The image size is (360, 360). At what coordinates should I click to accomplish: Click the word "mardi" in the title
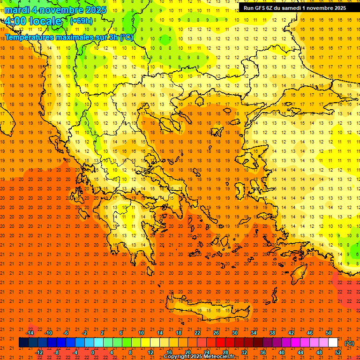click(x=17, y=10)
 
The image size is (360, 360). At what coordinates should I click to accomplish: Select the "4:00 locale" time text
click(x=33, y=21)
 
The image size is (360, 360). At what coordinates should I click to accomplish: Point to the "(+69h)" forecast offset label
click(x=81, y=21)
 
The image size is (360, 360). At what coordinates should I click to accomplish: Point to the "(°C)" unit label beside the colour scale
click(x=349, y=343)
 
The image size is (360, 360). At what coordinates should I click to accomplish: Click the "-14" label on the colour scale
click(x=30, y=333)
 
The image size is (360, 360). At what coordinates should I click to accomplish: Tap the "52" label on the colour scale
click(x=338, y=352)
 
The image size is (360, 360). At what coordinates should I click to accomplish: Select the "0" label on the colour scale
click(x=93, y=352)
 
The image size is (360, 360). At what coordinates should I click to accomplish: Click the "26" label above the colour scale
click(x=216, y=333)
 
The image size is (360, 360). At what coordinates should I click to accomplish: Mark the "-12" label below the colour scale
click(x=39, y=352)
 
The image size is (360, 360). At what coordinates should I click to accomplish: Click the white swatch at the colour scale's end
click(x=333, y=343)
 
